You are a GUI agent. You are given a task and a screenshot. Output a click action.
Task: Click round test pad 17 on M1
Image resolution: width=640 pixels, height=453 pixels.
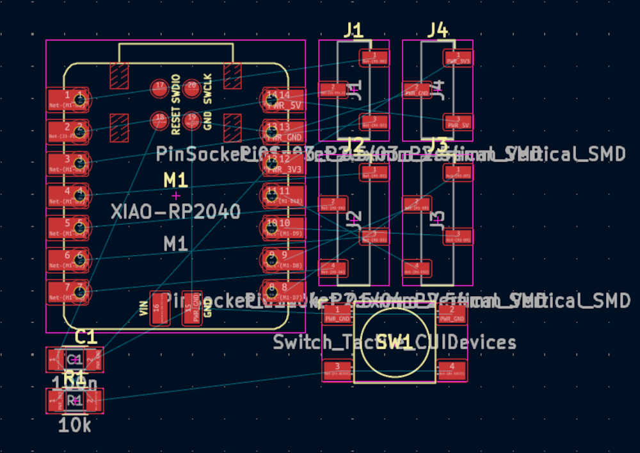point(159,88)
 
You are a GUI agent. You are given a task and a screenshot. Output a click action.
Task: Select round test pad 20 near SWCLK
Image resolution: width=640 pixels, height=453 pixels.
point(191,88)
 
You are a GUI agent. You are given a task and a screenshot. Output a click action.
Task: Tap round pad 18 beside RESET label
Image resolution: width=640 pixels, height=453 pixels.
point(159,119)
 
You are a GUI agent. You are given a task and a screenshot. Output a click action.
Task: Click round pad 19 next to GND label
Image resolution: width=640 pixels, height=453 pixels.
point(191,119)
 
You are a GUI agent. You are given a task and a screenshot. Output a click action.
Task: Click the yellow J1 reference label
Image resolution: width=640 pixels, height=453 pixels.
point(353,29)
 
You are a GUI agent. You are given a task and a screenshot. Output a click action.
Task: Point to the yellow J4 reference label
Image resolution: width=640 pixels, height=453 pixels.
point(438,29)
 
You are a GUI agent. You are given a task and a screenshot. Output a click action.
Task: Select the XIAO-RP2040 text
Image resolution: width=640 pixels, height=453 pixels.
point(175,211)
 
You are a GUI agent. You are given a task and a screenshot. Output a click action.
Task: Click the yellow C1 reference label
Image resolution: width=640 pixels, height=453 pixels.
point(86,337)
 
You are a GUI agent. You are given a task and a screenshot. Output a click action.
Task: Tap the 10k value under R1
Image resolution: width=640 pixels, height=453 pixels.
point(75,425)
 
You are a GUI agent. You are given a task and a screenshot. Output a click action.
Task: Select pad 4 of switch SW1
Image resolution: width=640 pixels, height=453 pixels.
point(452,370)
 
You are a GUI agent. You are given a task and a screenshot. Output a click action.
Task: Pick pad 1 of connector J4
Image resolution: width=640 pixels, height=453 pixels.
point(458,58)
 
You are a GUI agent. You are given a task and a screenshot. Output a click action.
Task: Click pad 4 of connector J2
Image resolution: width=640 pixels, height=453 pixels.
point(333,267)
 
